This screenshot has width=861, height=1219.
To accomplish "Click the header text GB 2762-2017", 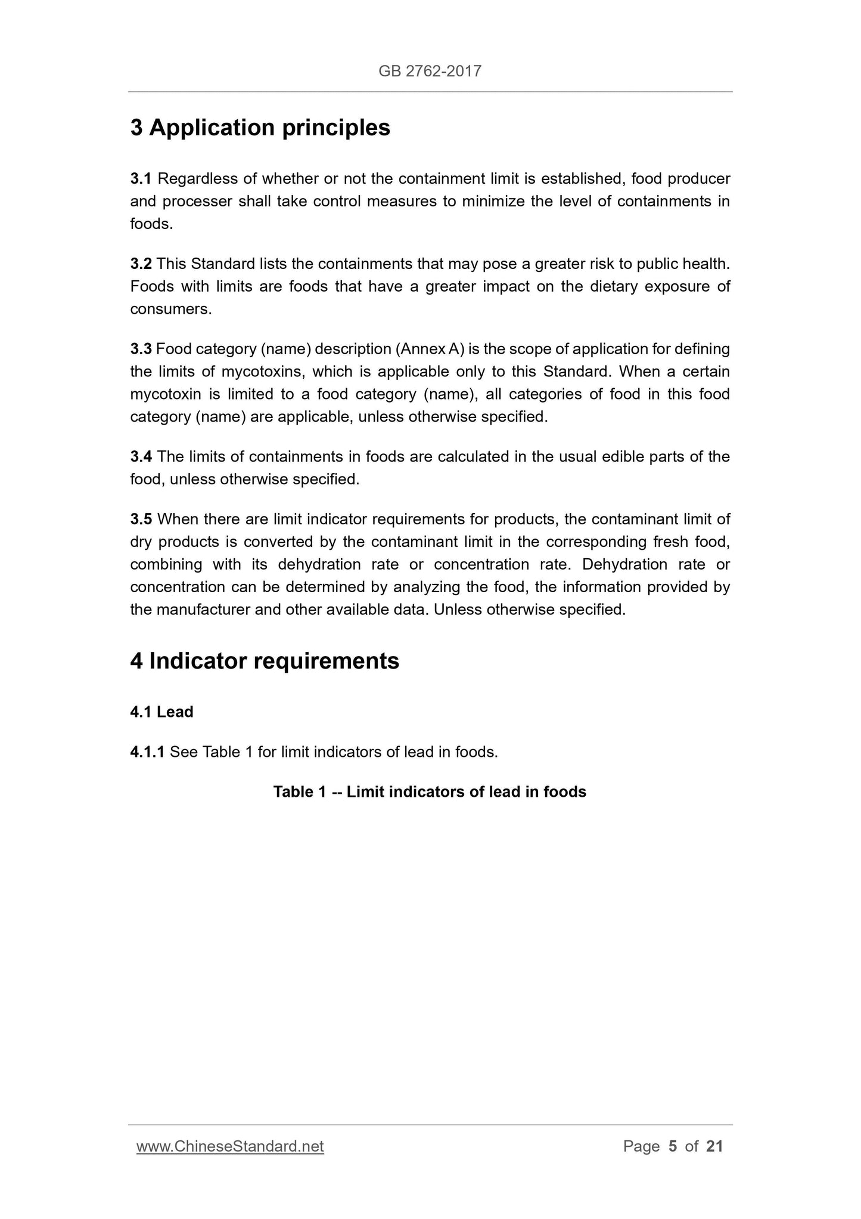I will click(430, 72).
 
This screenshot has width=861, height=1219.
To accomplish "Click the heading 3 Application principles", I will click(260, 128).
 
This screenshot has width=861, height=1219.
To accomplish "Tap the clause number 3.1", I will click(141, 178).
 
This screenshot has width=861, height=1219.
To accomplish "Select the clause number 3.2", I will click(141, 264).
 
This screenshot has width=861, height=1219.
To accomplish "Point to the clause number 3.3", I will click(141, 349).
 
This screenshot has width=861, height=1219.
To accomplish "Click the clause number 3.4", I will click(141, 457).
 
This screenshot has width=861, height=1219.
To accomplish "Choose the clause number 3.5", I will click(141, 519).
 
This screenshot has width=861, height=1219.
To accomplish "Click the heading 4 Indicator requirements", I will click(265, 661).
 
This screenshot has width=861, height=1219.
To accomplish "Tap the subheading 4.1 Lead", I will click(161, 712).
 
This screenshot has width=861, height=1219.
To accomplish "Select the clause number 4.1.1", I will click(147, 752).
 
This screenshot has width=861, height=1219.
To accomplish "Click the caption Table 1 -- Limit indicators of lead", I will click(430, 792).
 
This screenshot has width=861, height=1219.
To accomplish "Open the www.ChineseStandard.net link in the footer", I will click(230, 1146).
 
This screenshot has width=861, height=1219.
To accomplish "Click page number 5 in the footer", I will click(673, 1146).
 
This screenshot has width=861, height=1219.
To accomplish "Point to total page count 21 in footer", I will click(714, 1146).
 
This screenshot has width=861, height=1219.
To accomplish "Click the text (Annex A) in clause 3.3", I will click(429, 349).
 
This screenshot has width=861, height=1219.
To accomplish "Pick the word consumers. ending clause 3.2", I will click(171, 309).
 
